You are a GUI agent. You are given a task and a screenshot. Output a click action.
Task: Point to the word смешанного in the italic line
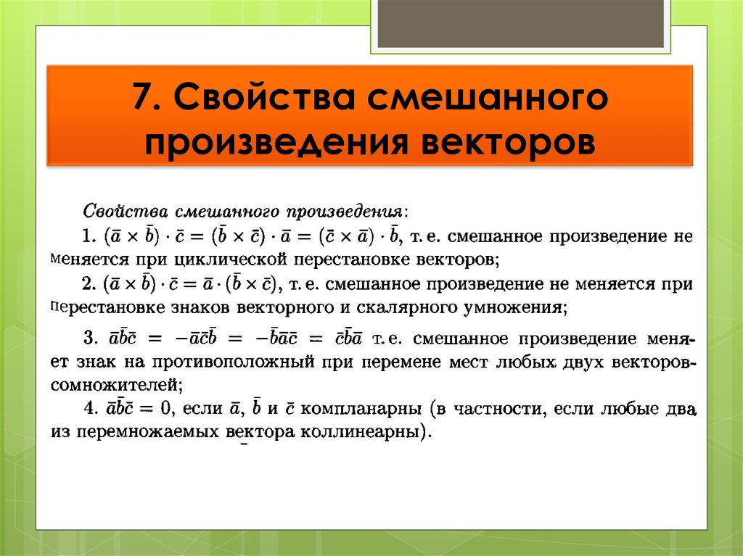coord(228,212)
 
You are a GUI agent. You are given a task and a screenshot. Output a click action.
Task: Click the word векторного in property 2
coord(282,307)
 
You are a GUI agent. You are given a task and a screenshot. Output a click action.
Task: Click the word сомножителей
coord(115,383)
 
